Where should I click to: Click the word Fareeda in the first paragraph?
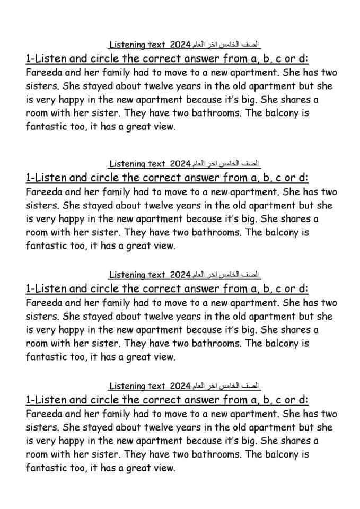(43, 73)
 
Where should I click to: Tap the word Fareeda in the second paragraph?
(43, 192)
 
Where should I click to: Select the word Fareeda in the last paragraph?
(43, 414)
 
